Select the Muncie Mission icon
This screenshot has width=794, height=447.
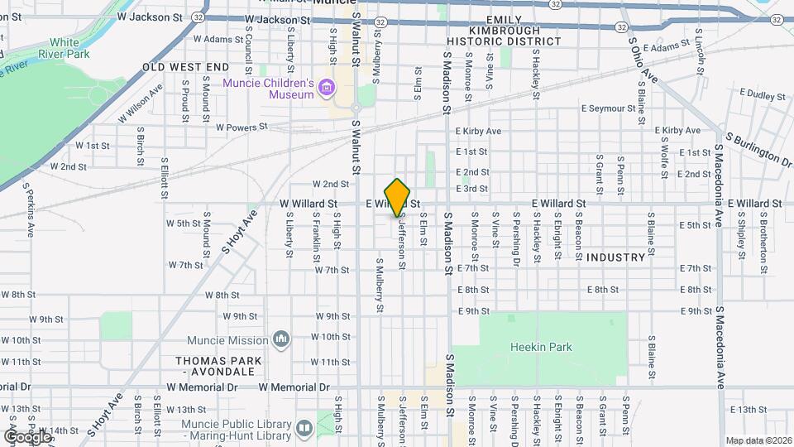282,339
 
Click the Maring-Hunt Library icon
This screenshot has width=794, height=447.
304,428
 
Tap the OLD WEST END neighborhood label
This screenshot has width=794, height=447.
185,66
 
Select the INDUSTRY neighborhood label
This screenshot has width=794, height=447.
615,257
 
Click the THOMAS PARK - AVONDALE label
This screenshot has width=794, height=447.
218,367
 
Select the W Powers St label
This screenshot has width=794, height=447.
242,127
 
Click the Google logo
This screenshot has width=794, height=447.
28,436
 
